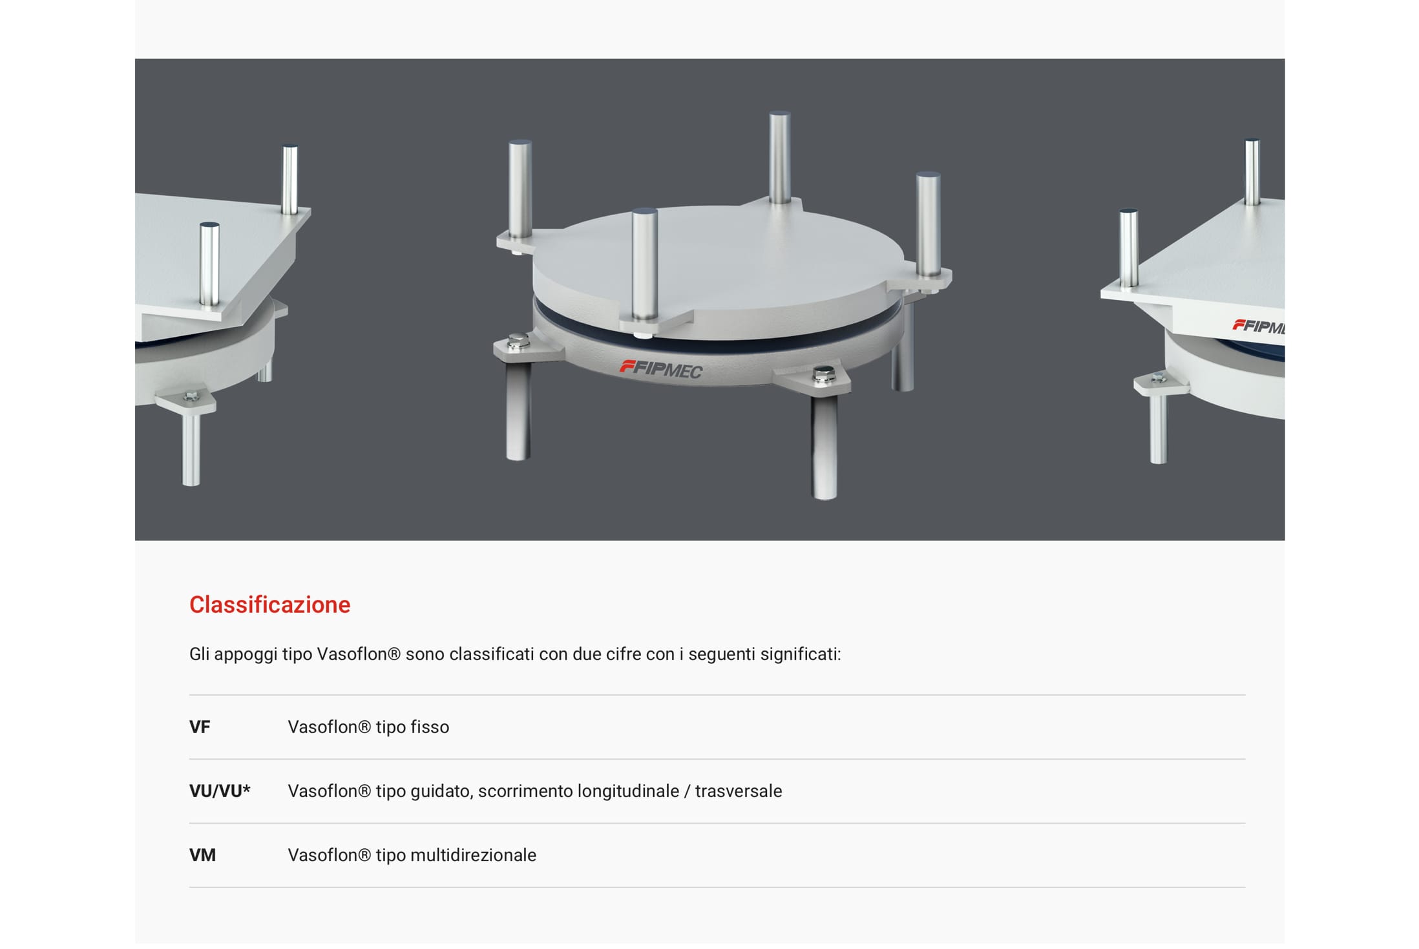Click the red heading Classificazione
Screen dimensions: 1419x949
269,604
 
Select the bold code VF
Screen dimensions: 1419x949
200,727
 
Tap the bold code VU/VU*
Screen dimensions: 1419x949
220,791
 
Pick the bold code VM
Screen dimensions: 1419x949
202,855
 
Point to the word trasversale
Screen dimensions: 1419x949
739,791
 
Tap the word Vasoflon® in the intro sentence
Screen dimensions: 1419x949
359,654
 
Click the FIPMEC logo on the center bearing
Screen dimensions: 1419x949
661,369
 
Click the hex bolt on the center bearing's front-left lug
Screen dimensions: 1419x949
517,341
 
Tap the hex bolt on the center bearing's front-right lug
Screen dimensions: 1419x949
823,374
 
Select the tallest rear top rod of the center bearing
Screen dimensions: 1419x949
780,157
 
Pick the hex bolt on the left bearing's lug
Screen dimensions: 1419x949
191,396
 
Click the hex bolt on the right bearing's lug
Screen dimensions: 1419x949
1158,377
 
